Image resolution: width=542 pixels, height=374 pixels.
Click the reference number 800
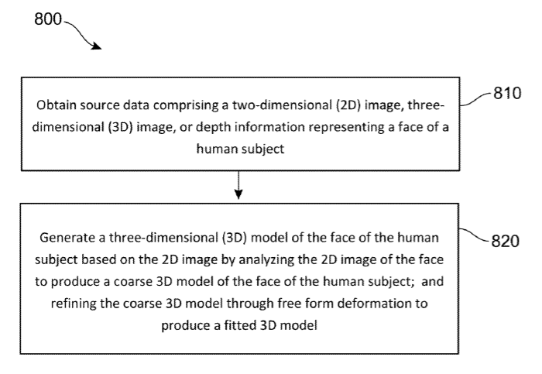pos(48,19)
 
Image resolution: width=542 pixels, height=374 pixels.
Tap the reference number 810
pos(507,93)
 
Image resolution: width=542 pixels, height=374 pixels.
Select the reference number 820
pos(505,241)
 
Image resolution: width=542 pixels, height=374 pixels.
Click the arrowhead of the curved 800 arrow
pos(97,46)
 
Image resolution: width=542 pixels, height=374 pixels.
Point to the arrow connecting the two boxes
pos(238,185)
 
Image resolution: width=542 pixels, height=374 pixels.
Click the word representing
pos(347,128)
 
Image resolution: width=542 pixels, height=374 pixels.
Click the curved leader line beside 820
pos(474,234)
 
